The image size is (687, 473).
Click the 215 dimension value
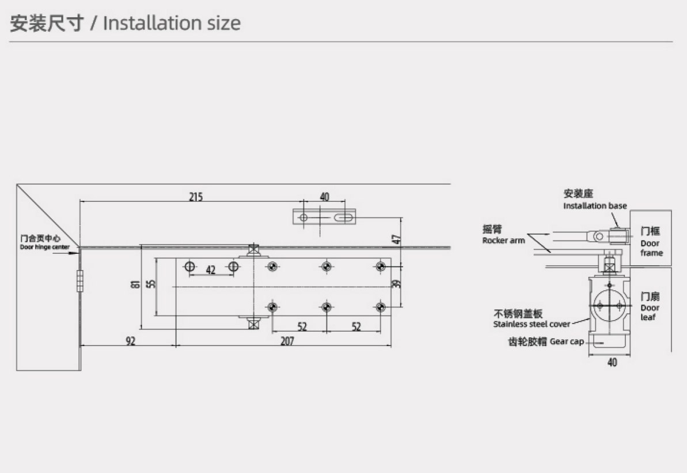tap(196, 197)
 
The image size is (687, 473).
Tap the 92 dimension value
tap(131, 340)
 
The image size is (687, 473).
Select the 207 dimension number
tap(287, 340)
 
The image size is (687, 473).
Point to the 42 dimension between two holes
tap(211, 269)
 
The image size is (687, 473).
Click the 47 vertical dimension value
tap(397, 239)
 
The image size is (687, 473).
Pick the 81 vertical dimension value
tap(136, 284)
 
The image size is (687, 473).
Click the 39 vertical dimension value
tap(397, 284)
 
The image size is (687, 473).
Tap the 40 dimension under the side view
tap(612, 362)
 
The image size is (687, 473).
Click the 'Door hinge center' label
tap(45, 247)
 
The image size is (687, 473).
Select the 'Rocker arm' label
tap(503, 241)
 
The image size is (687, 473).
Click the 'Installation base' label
tap(595, 206)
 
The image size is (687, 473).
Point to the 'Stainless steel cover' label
tap(532, 324)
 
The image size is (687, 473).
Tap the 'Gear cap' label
tap(567, 341)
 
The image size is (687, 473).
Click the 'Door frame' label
tap(651, 248)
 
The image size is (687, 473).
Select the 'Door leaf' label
tap(650, 313)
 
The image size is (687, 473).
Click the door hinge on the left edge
tap(79, 281)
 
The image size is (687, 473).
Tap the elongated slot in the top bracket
tap(343, 217)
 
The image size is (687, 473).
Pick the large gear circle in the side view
tap(609, 305)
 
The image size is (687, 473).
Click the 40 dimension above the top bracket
tap(325, 197)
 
